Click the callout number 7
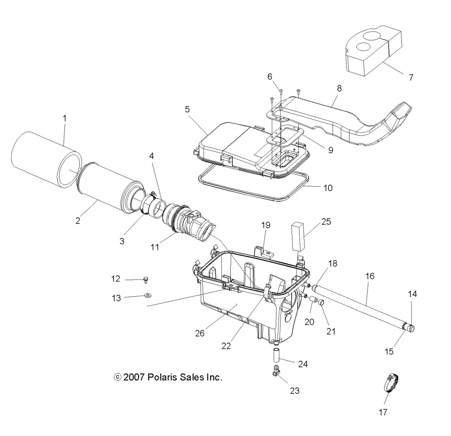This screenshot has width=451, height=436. [x=411, y=77]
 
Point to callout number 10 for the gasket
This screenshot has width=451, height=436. [x=328, y=188]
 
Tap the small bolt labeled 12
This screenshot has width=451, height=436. [x=146, y=280]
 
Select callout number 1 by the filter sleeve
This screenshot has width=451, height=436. [x=65, y=118]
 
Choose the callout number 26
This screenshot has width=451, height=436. [x=200, y=333]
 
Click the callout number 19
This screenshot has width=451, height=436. [x=266, y=225]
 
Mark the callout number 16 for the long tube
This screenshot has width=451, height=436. [x=370, y=276]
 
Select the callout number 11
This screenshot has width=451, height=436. [x=155, y=247]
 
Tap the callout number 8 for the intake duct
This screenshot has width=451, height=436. [x=339, y=88]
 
